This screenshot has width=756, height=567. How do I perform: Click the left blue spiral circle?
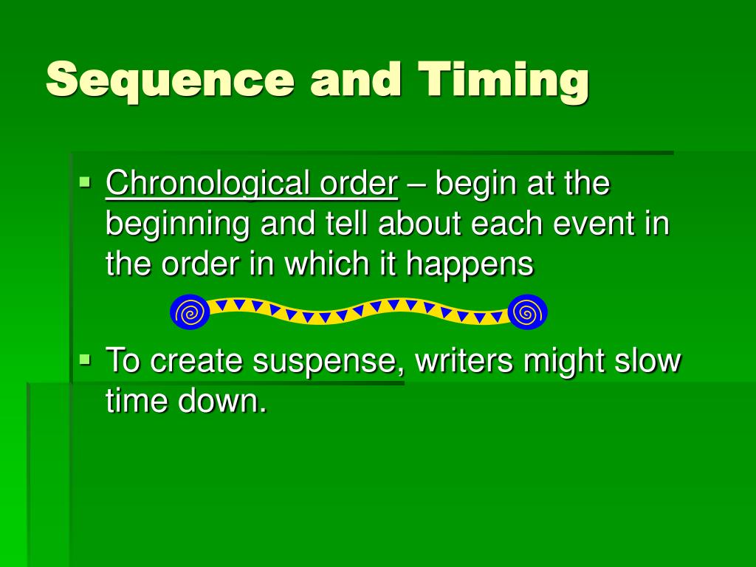(x=190, y=312)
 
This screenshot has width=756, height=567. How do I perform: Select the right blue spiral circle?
(x=527, y=312)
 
